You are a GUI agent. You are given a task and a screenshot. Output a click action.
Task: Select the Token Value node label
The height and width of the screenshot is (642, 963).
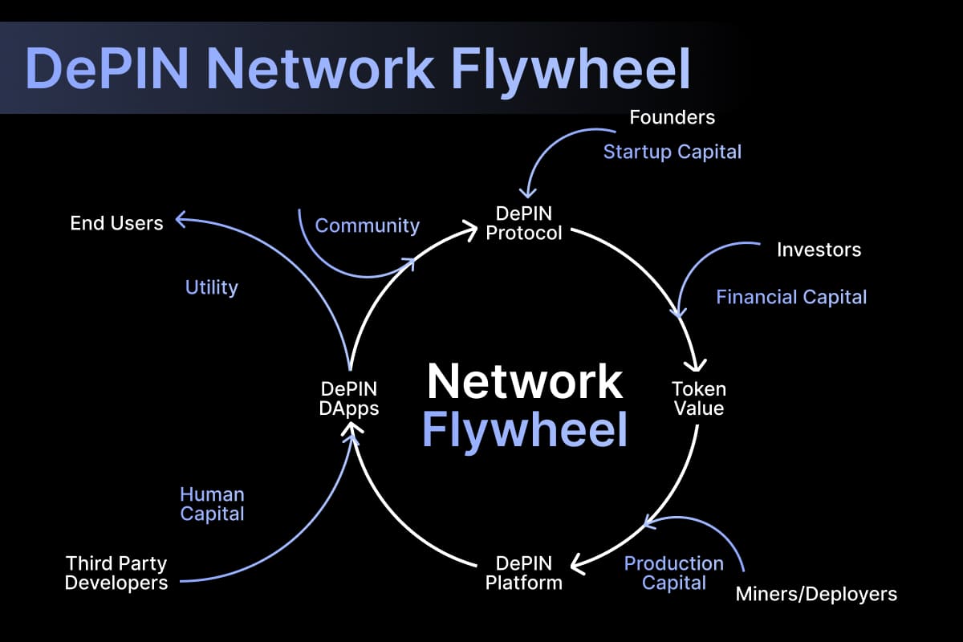pos(697,399)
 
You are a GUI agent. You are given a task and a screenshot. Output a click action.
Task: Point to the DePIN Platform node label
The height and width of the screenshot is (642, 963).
pos(524,572)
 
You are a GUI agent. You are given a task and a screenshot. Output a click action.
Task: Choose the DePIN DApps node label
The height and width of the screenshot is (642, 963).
pos(349,399)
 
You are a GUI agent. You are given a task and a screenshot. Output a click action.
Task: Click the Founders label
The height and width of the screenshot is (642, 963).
pos(672,117)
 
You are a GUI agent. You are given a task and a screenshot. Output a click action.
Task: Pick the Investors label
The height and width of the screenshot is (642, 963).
pos(819,250)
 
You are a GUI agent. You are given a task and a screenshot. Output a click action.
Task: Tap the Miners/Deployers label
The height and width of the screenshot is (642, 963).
pos(816,595)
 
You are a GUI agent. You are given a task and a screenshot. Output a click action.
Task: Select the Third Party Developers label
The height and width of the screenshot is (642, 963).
pos(116,573)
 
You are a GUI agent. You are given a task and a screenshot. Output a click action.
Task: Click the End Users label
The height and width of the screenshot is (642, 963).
pos(116,223)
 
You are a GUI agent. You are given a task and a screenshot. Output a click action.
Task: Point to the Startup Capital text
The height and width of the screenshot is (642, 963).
pos(672,152)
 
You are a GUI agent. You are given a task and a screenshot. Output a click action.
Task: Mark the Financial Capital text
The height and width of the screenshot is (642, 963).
pos(791,297)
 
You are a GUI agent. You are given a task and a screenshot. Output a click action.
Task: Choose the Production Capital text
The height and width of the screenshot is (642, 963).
pos(674,573)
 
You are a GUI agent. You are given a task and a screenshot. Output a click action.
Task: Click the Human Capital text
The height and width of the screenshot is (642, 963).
pos(212,504)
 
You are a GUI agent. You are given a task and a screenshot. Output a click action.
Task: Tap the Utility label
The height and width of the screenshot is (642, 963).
pos(212,287)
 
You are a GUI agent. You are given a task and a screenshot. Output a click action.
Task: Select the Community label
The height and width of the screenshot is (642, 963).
pos(367,226)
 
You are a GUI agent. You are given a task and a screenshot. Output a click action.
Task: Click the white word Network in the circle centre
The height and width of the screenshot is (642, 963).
pos(525,381)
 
